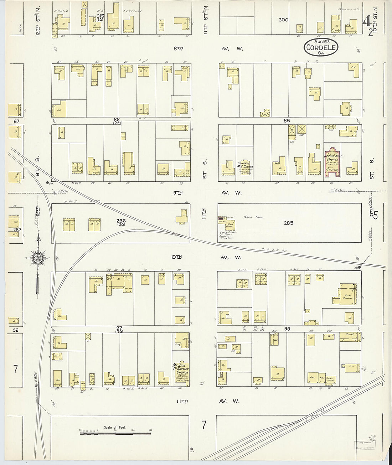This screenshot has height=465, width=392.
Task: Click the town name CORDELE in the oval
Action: (321, 47)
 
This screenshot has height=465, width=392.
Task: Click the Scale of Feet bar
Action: (115, 433)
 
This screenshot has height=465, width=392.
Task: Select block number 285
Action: (288, 223)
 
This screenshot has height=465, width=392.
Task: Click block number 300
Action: (283, 20)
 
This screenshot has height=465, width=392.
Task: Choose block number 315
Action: (100, 16)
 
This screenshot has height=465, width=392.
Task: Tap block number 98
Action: (287, 329)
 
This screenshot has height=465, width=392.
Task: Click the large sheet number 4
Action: (366, 22)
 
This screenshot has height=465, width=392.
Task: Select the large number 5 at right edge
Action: (375, 215)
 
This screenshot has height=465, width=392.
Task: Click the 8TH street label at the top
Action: (178, 48)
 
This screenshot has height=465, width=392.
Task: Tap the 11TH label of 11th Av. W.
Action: (182, 401)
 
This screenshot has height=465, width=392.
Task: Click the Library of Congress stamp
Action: (365, 445)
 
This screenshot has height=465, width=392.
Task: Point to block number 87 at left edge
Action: (16, 121)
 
